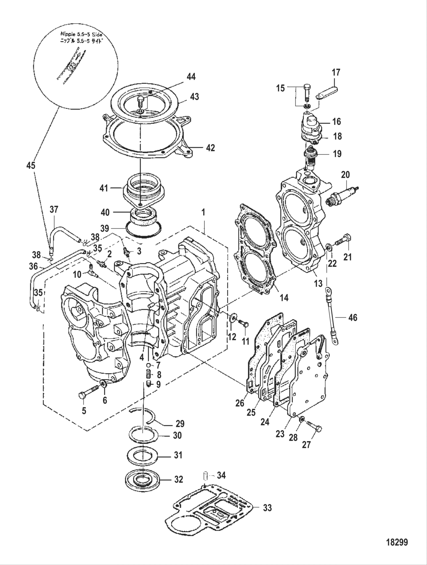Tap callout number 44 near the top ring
[191, 77]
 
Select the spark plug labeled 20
[343, 193]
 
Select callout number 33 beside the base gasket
[268, 507]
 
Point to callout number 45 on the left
[31, 165]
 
